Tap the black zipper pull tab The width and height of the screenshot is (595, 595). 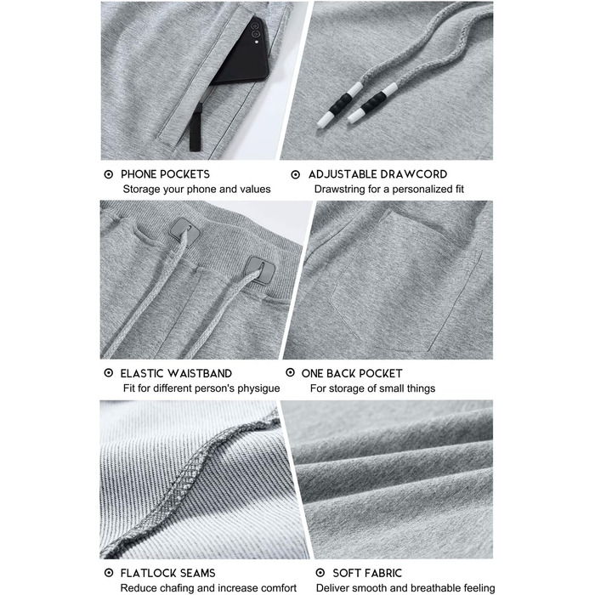click(x=196, y=127)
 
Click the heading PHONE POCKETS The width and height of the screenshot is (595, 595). click(x=165, y=174)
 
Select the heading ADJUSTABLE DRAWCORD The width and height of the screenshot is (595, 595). click(x=377, y=174)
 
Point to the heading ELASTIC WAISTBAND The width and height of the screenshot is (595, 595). click(x=176, y=373)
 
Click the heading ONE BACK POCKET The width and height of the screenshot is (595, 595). click(x=352, y=373)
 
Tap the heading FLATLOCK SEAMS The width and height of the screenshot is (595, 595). click(x=167, y=573)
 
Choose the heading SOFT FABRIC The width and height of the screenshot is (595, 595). click(x=367, y=573)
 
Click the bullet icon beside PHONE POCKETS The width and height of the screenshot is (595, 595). click(x=109, y=174)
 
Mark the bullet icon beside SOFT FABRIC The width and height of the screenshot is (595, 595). click(x=320, y=573)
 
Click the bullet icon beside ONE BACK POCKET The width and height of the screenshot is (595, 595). click(x=291, y=372)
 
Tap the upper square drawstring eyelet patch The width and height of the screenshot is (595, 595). click(x=184, y=230)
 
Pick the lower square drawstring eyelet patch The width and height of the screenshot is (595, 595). click(x=260, y=269)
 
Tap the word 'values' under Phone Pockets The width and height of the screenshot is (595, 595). click(x=258, y=189)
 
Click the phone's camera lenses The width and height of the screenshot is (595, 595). click(x=255, y=31)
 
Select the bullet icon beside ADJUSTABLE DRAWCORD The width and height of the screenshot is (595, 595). click(x=296, y=174)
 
